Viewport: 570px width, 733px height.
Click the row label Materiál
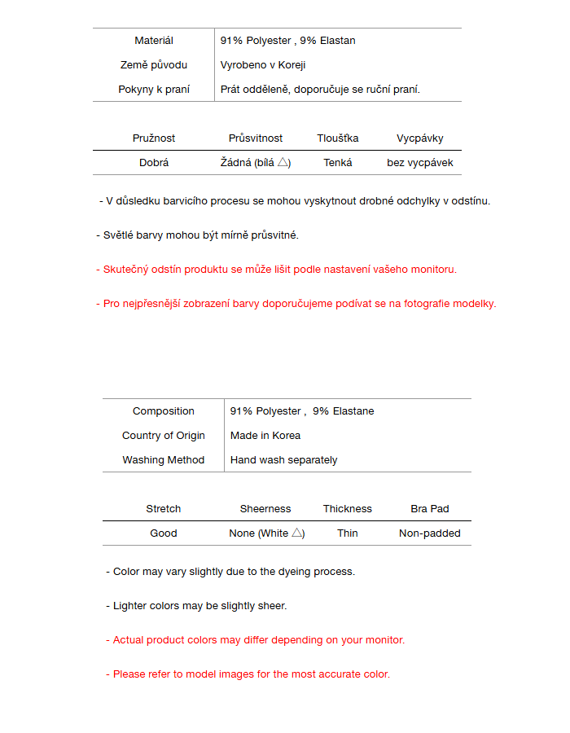(x=153, y=41)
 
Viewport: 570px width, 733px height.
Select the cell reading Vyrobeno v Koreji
(x=262, y=65)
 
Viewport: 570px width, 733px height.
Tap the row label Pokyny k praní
(x=153, y=90)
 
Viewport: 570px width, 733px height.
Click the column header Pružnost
(x=154, y=138)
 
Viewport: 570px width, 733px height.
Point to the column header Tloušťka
(x=337, y=138)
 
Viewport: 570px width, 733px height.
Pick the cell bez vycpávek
(x=419, y=163)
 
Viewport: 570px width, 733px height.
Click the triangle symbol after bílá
(x=283, y=163)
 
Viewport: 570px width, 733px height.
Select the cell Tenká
(x=337, y=163)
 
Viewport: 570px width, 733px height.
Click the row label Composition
(x=163, y=411)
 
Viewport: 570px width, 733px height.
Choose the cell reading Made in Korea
(x=265, y=436)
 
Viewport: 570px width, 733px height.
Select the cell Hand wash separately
(x=283, y=460)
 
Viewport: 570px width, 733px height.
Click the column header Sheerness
(x=265, y=509)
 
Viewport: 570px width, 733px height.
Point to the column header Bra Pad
(x=429, y=509)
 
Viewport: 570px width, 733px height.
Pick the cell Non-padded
(x=429, y=533)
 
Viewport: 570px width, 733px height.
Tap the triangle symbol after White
(x=297, y=533)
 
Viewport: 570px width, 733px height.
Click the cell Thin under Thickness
(x=347, y=533)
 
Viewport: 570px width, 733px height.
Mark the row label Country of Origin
(x=163, y=436)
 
